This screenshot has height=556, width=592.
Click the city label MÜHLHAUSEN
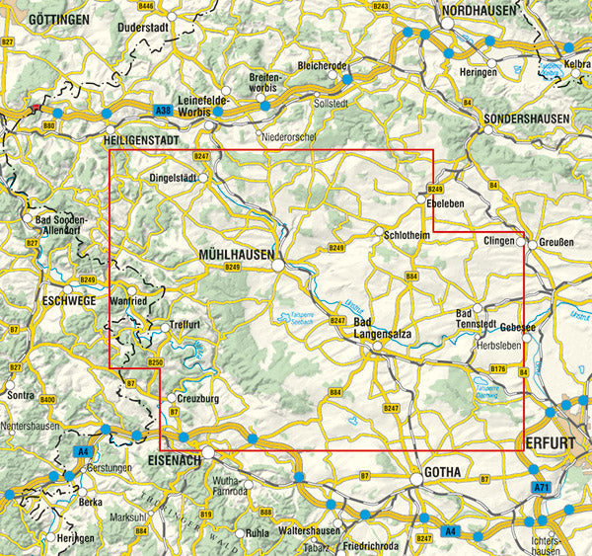point(237,254)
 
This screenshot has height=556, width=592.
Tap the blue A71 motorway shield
point(540,488)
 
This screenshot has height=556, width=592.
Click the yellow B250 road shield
point(154,363)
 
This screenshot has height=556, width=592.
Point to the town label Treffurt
point(185,325)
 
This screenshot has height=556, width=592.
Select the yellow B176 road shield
point(498,369)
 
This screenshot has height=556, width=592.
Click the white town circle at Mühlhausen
point(280,266)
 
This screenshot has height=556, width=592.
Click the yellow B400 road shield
point(48,399)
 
